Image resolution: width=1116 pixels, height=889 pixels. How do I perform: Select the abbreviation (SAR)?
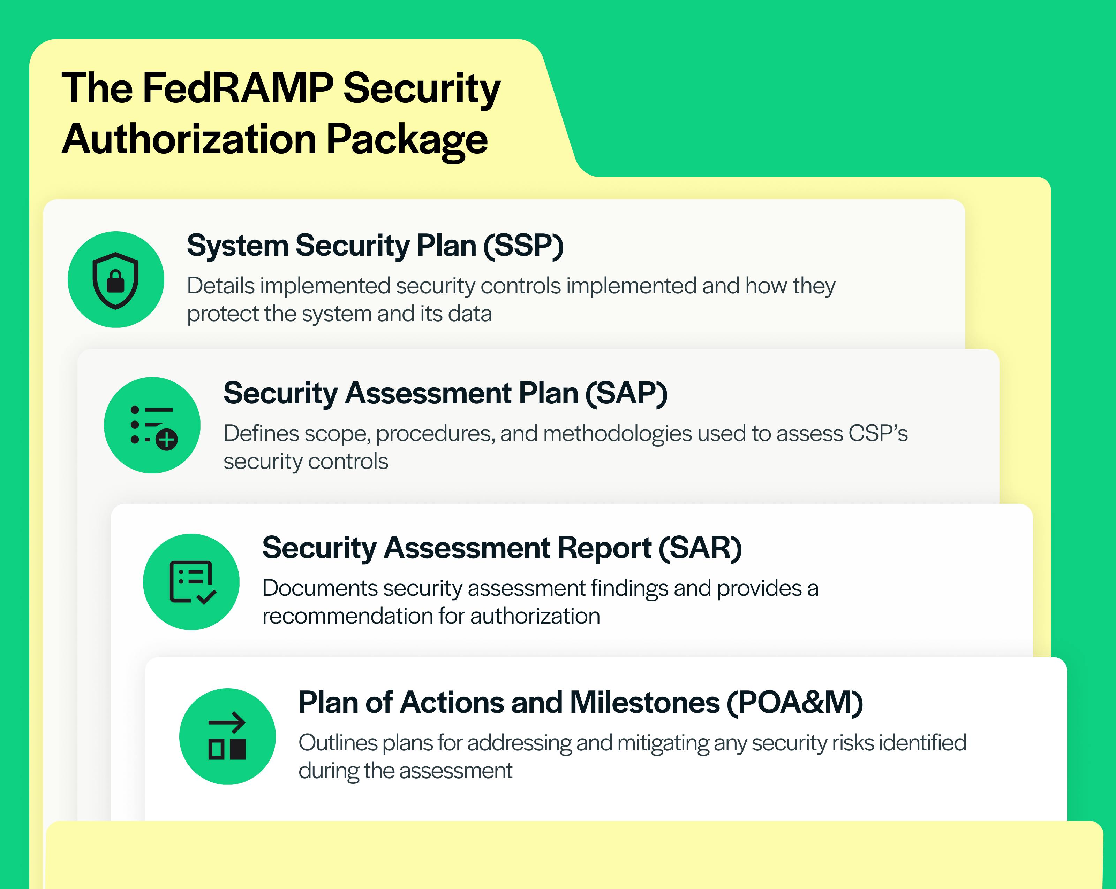pos(700,548)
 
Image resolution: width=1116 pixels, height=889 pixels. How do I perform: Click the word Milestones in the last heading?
pos(644,703)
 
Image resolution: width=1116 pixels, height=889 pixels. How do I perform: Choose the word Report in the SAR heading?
pos(604,549)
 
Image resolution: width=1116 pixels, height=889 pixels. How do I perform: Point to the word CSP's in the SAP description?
pos(878,433)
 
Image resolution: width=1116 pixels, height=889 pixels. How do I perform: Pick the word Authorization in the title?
pos(189,140)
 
